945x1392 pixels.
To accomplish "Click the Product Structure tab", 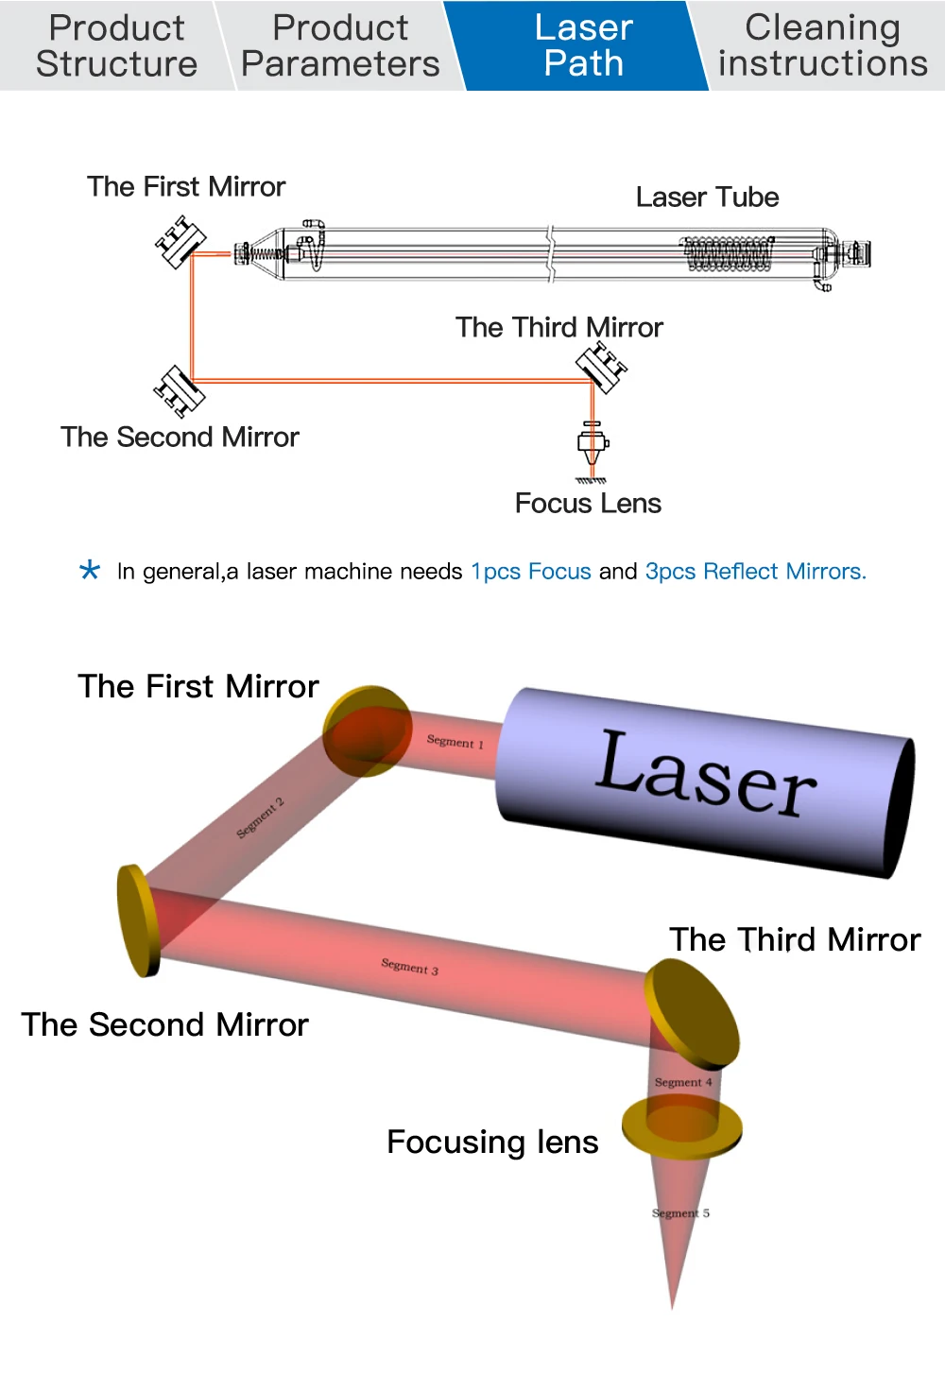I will click(x=116, y=45).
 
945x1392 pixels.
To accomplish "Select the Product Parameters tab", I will click(x=340, y=45).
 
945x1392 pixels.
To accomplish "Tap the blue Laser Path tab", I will click(x=583, y=45).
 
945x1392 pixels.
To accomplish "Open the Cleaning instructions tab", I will click(x=822, y=45).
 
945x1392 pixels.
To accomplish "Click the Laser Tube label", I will click(x=707, y=197).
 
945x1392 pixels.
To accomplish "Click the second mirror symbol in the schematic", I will click(x=179, y=390).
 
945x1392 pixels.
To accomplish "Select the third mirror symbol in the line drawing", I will click(x=601, y=366).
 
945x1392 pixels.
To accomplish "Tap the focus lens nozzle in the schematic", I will click(x=593, y=445).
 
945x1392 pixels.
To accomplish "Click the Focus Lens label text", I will click(x=588, y=503).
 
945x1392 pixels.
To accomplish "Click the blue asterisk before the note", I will click(x=90, y=571).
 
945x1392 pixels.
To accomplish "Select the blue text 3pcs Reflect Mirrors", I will click(x=755, y=571).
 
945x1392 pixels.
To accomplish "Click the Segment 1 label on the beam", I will click(x=455, y=742).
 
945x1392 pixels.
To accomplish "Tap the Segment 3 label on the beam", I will click(x=409, y=966).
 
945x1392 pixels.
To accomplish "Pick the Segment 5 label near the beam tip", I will click(x=680, y=1212).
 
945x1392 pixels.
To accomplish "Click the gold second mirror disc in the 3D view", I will click(x=138, y=919).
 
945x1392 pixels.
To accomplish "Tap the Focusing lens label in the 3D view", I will click(x=492, y=1142).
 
